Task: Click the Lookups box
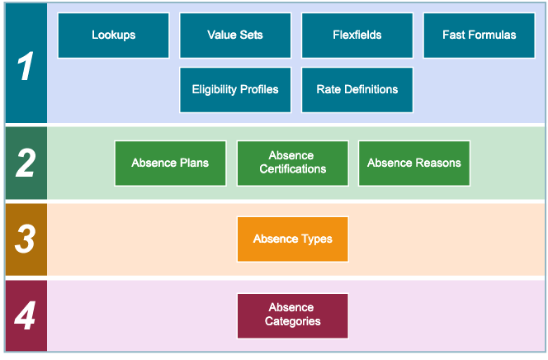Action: point(113,35)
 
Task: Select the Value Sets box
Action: point(235,35)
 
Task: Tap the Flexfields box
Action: point(357,35)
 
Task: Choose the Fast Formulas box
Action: point(478,35)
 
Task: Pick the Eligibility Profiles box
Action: point(235,89)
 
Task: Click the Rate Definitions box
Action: point(357,89)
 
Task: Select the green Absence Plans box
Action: point(170,163)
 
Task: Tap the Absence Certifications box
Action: point(292,163)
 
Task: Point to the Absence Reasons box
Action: point(413,163)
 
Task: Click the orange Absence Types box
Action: point(292,239)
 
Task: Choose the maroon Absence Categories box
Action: point(292,315)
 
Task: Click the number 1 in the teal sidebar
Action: point(26,66)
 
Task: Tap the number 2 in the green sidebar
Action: point(26,163)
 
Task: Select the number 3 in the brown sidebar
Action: point(26,239)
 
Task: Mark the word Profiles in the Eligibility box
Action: point(257,89)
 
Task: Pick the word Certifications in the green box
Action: point(292,169)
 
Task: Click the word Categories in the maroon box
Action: point(292,321)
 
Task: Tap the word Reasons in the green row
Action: point(438,163)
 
